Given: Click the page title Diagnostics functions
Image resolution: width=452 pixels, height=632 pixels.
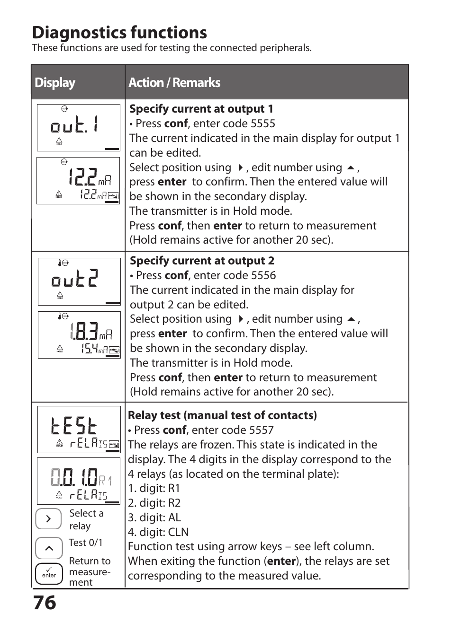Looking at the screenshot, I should pyautogui.click(x=119, y=33).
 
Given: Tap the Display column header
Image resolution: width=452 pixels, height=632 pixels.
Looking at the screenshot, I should pyautogui.click(x=55, y=83).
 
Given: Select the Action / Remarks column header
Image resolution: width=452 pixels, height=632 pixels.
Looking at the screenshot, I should pyautogui.click(x=174, y=83).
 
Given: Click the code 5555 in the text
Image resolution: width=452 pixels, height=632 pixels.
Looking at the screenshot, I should pyautogui.click(x=262, y=124).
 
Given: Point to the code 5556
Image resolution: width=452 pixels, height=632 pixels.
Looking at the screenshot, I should pyautogui.click(x=263, y=276).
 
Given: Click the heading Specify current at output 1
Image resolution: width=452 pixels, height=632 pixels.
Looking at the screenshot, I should pyautogui.click(x=201, y=109).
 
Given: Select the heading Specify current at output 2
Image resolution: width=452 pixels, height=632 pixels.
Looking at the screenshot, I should pyautogui.click(x=202, y=261).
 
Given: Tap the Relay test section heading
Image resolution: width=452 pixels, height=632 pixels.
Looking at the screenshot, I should pyautogui.click(x=222, y=416).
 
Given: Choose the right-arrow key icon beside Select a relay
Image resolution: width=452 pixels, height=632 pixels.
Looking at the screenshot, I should pyautogui.click(x=48, y=519).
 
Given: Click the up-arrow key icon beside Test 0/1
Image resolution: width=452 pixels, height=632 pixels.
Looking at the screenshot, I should pyautogui.click(x=49, y=548).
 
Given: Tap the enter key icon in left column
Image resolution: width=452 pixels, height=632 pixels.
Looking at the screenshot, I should pyautogui.click(x=49, y=574).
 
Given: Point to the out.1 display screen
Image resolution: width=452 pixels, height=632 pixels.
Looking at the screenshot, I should pyautogui.click(x=79, y=128).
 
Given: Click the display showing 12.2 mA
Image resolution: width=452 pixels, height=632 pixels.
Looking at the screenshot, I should pyautogui.click(x=78, y=181).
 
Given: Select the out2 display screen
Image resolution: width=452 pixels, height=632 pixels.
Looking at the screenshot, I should pyautogui.click(x=79, y=281).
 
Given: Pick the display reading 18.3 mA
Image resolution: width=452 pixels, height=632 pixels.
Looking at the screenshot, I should pyautogui.click(x=79, y=335).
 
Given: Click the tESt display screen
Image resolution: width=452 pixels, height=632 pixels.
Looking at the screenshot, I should pyautogui.click(x=79, y=430).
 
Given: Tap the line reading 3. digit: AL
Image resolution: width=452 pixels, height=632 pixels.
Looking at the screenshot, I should pyautogui.click(x=154, y=518).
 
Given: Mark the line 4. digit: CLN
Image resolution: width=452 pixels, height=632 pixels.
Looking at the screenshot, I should pyautogui.click(x=158, y=533).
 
